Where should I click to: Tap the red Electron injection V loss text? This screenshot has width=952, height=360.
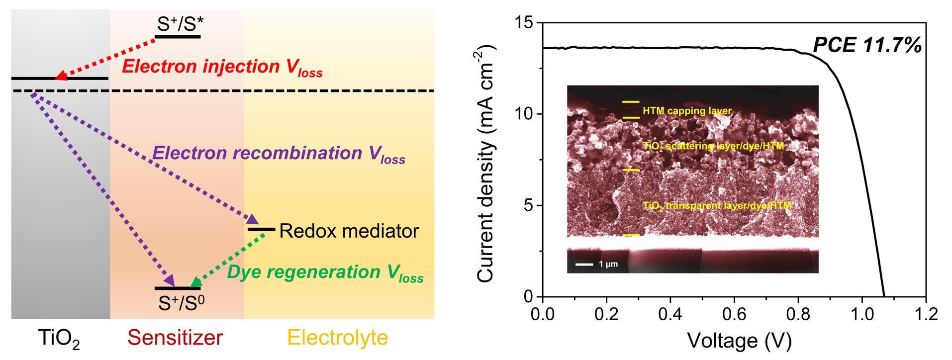click(x=222, y=67)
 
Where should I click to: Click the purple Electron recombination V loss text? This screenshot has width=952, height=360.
click(x=278, y=154)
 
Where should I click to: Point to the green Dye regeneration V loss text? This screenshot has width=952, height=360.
click(x=325, y=272)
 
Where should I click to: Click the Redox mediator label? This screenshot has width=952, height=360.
click(x=349, y=231)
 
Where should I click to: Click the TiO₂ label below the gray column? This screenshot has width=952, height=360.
click(x=59, y=339)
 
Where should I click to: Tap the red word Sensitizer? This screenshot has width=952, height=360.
click(x=175, y=338)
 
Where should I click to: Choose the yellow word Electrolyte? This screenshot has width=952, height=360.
click(x=337, y=338)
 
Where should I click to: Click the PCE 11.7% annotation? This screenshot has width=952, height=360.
click(x=867, y=45)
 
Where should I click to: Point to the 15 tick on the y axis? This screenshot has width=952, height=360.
click(x=524, y=22)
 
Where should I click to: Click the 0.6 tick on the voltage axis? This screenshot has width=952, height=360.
click(x=734, y=314)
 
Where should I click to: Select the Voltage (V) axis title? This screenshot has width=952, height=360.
click(x=739, y=341)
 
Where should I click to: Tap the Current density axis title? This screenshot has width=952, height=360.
click(x=487, y=164)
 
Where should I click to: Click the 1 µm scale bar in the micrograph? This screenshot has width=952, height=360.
click(x=585, y=264)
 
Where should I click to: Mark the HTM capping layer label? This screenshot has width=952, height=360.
click(x=687, y=111)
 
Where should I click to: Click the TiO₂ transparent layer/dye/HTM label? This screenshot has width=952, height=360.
click(x=716, y=205)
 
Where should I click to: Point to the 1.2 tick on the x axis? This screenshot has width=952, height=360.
click(x=925, y=314)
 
